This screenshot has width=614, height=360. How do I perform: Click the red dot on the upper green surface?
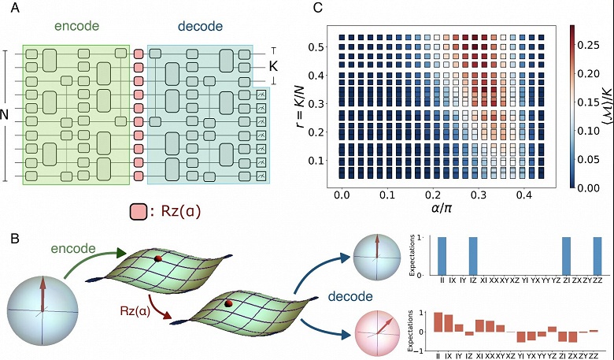pyautogui.click(x=157, y=258)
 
